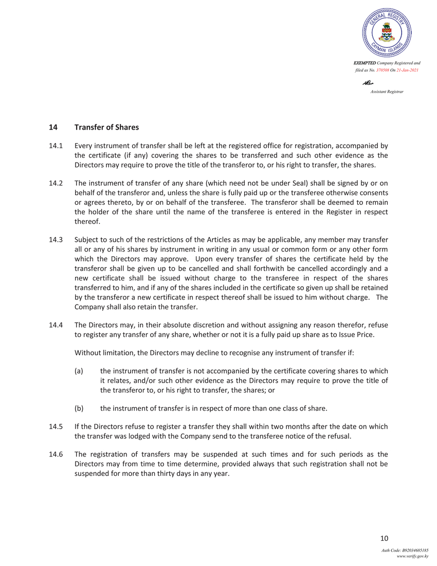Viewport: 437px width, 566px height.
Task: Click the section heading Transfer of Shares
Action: pos(106,127)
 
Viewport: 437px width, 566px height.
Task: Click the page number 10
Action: pos(384,539)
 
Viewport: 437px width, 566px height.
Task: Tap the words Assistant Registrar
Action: pos(387,91)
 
